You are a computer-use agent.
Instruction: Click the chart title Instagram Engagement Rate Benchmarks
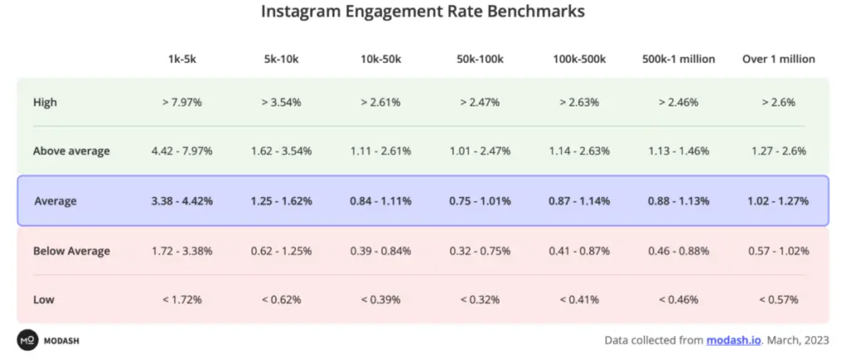(423, 12)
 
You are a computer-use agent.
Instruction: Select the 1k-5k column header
(182, 59)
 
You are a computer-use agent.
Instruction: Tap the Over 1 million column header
(779, 59)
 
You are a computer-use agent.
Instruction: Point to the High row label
(45, 102)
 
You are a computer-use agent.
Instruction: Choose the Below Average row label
(71, 251)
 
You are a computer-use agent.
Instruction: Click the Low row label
(43, 299)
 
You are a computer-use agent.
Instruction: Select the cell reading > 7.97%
(182, 102)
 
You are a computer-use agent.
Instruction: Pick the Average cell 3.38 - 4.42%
(182, 201)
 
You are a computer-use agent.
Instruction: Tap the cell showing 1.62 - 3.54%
(282, 151)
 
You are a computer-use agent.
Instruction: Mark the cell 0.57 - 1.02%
(779, 251)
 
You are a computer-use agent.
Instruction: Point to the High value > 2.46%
(679, 102)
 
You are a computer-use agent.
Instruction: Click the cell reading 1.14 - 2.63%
(579, 151)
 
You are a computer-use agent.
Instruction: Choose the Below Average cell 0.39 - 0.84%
(381, 251)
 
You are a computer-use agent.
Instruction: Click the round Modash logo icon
(27, 340)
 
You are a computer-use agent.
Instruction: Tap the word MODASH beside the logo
(62, 340)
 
